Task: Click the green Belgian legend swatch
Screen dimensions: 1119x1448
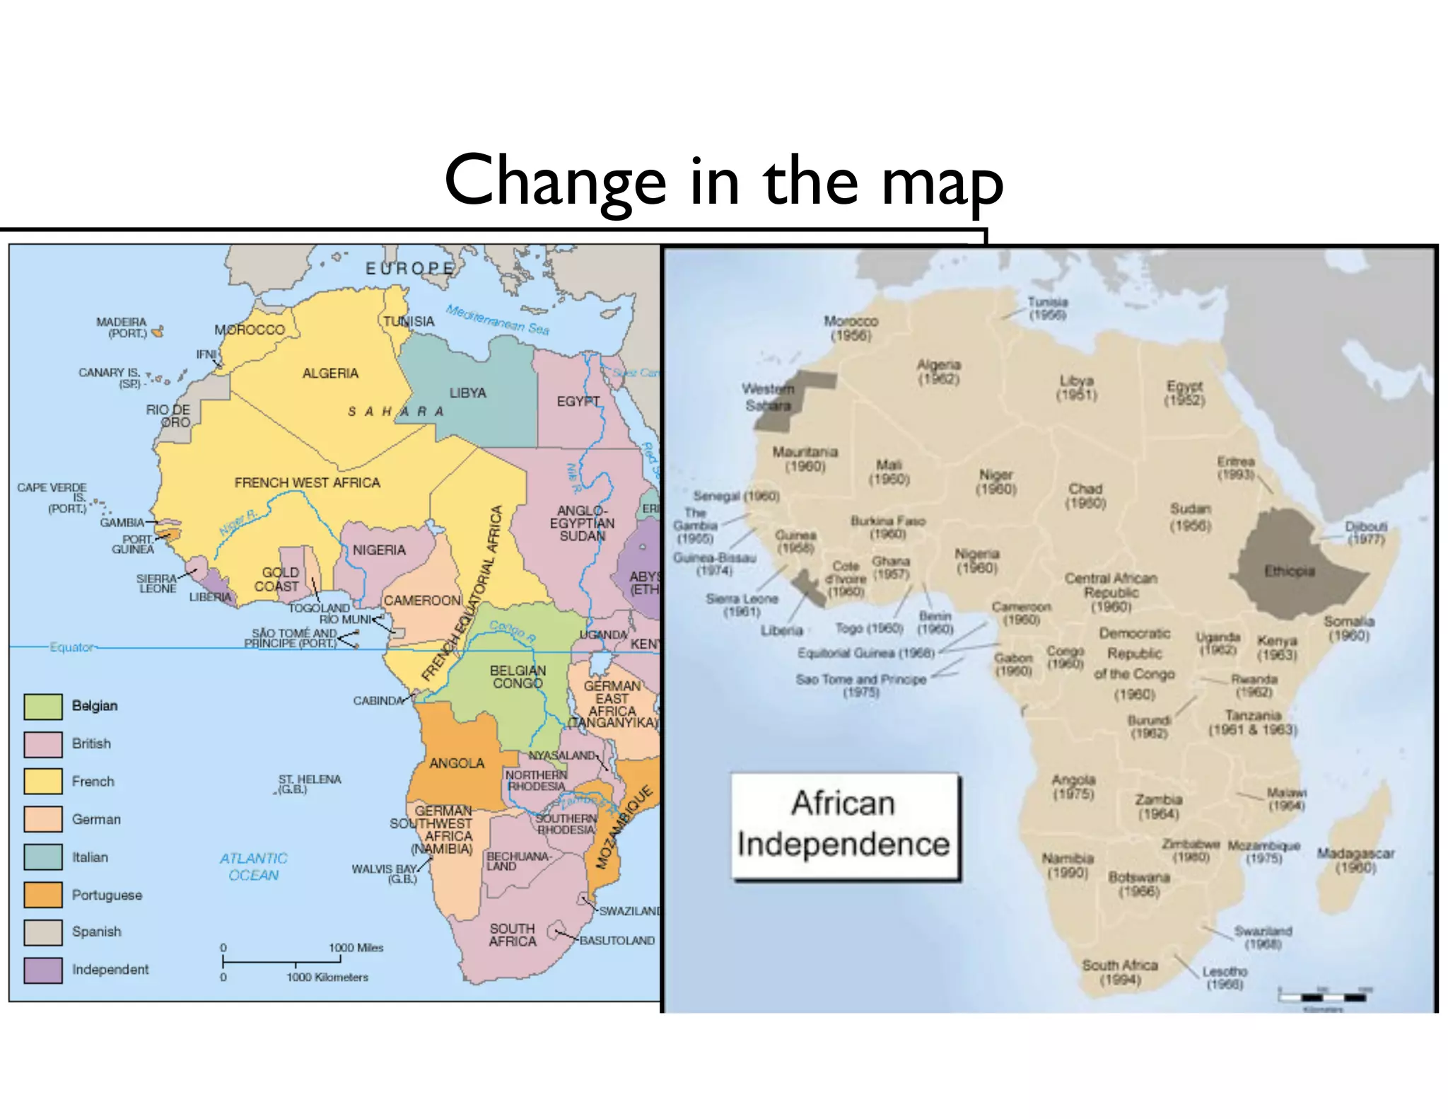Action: point(43,706)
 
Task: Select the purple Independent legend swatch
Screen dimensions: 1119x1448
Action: point(43,970)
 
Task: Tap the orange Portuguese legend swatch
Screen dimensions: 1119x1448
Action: point(43,895)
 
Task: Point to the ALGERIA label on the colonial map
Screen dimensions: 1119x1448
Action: point(330,373)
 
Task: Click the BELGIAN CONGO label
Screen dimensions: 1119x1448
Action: point(518,677)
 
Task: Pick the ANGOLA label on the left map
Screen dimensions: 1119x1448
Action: point(457,763)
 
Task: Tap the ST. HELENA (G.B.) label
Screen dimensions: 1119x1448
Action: point(309,784)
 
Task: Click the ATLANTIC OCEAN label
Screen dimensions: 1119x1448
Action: point(253,866)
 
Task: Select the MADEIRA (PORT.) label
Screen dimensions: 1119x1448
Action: point(122,327)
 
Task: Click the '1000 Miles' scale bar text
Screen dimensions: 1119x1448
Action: point(356,948)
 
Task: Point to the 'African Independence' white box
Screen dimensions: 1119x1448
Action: point(844,825)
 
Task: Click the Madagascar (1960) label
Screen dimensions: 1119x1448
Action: point(1355,860)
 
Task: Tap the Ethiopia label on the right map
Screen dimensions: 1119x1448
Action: point(1289,571)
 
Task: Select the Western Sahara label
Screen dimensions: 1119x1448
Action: point(768,397)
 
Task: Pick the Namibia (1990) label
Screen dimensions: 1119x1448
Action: point(1068,865)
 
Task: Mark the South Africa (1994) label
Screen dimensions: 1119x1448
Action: point(1120,972)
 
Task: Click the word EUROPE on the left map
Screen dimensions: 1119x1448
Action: point(409,268)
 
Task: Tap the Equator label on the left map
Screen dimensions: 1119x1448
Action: point(71,647)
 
